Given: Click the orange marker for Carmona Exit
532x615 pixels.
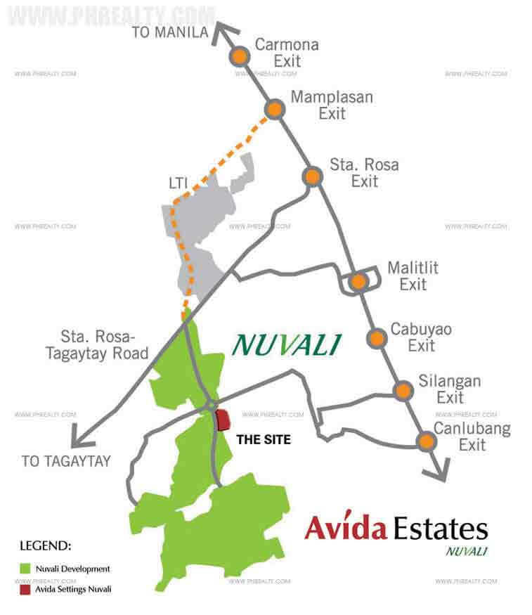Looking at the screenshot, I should pos(240,56).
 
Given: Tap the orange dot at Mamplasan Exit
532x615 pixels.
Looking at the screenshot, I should pos(274,109).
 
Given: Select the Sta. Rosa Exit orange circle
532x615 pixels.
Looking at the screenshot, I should pos(312,176).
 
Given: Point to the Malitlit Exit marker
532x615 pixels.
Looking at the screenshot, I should pos(358,282).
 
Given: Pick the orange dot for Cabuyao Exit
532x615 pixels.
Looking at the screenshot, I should pos(377,337).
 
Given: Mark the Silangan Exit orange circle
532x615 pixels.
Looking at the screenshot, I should pos(403,391).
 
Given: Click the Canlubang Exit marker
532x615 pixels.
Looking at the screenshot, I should pos(425,441).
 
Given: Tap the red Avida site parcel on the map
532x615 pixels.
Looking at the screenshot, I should pos(223,420).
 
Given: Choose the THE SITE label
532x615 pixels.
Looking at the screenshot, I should pos(264,440).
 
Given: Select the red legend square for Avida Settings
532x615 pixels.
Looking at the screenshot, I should pos(25,589).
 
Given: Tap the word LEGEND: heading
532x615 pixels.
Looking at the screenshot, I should pos(45,545).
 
